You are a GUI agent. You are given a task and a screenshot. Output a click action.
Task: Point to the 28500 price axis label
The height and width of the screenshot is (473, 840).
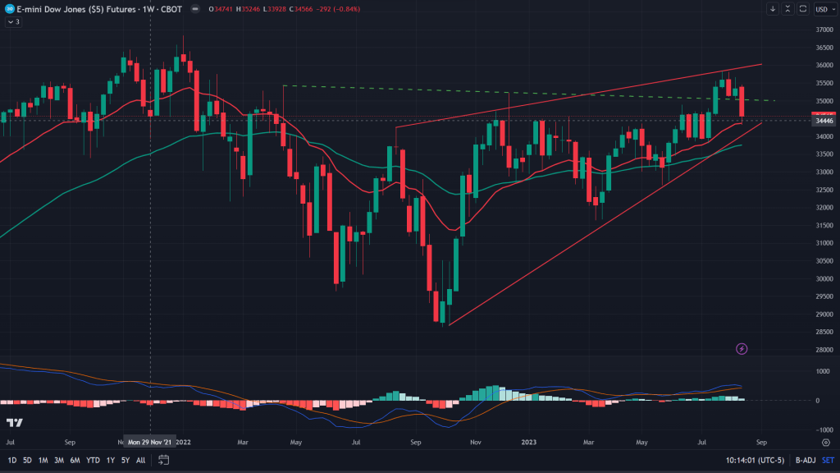point(823,332)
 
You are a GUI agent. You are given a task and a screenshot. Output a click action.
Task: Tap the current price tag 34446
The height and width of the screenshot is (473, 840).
point(824,121)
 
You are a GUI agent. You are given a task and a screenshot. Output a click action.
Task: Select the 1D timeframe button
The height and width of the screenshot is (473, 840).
point(12,460)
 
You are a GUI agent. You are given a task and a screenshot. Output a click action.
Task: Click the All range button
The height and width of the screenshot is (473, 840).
point(141,460)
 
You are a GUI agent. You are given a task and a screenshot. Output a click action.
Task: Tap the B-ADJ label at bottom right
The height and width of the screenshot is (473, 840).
point(795,460)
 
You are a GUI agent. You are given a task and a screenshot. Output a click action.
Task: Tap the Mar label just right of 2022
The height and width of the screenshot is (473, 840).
point(242,441)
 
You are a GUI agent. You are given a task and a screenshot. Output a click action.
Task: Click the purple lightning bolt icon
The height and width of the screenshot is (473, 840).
point(742,348)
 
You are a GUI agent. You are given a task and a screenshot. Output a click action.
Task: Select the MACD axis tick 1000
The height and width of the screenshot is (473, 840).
point(823,371)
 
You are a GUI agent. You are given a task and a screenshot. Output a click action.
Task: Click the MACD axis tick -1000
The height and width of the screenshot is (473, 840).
point(823,429)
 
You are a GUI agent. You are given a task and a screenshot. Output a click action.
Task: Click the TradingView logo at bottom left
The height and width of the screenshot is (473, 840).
point(14,422)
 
